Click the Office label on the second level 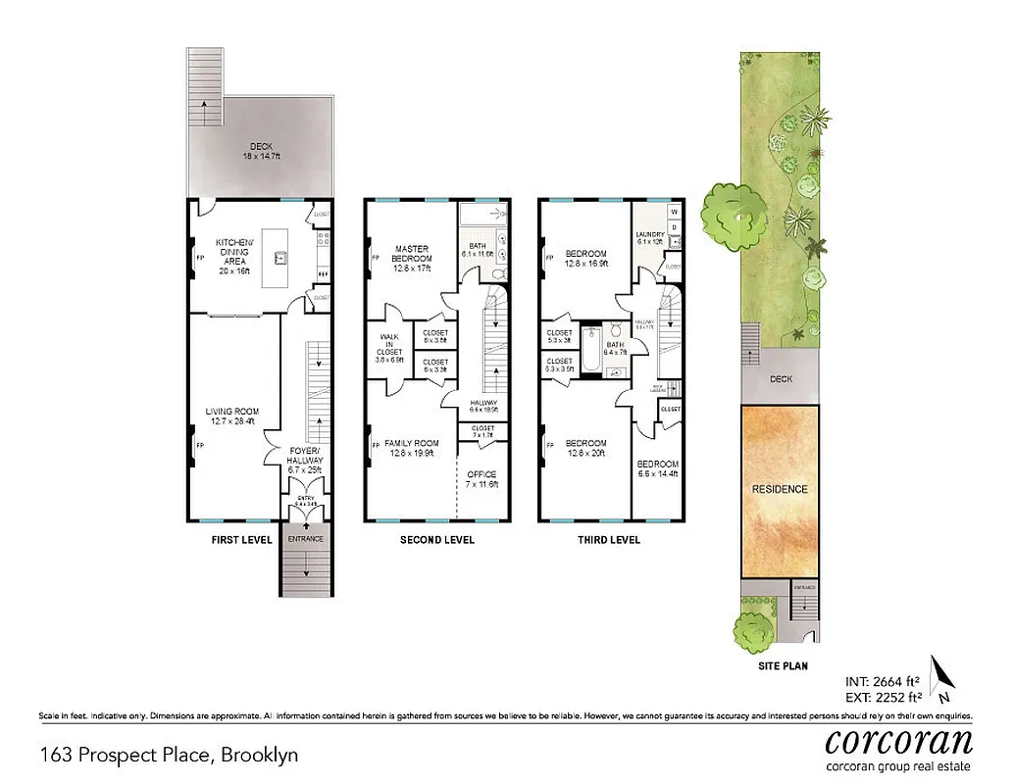point(482,480)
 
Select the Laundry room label point(649,239)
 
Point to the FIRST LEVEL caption point(242,540)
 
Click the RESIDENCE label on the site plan point(780,489)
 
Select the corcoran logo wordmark point(899,739)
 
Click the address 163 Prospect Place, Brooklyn point(168,755)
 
